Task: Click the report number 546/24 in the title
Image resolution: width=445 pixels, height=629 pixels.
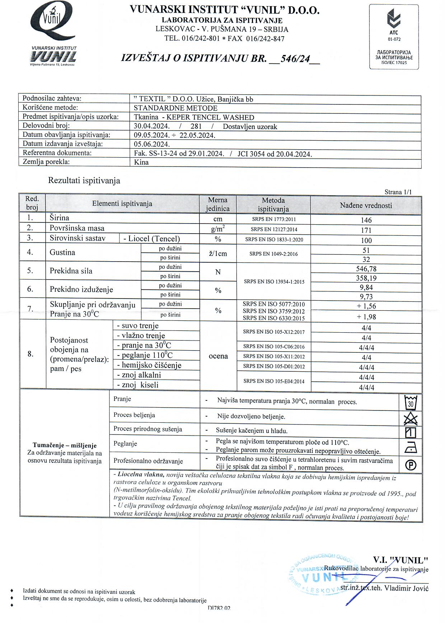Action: [295, 58]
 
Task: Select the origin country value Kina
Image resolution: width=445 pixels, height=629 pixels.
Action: [141, 162]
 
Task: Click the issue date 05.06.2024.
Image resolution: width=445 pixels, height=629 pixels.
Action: [151, 144]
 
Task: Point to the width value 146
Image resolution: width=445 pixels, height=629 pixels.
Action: [366, 220]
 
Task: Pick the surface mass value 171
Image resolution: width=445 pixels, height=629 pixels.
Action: [366, 230]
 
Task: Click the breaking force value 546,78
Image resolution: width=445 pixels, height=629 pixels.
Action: [366, 269]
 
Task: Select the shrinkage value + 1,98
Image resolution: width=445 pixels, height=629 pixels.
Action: [366, 317]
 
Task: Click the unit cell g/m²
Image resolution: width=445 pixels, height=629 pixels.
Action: [218, 229]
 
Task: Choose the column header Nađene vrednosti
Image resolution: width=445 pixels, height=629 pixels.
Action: [366, 206]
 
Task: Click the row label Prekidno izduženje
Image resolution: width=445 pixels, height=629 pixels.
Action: [81, 290]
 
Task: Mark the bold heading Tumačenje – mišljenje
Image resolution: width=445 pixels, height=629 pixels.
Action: [65, 445]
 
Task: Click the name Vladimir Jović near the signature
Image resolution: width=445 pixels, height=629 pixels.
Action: [406, 588]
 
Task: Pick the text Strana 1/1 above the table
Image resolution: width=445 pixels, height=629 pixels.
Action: [398, 192]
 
